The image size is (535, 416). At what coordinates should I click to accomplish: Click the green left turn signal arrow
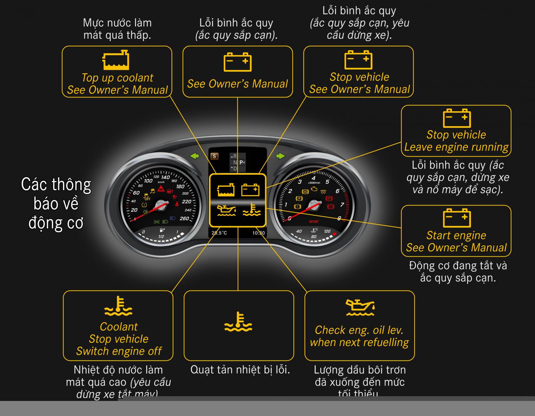tap(194, 156)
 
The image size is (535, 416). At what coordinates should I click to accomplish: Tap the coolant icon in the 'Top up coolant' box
tap(116, 60)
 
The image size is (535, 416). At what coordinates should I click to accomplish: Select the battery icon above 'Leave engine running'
tap(457, 118)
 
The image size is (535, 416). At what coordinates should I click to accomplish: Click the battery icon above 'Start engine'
tap(457, 218)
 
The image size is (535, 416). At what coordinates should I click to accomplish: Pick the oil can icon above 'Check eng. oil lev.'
tap(360, 308)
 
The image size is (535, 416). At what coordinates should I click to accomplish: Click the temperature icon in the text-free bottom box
tap(238, 322)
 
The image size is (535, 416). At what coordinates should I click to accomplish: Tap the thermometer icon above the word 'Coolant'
tap(118, 306)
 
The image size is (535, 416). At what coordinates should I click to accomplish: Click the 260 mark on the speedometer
tap(184, 219)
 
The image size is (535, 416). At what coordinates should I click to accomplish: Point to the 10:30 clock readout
tap(258, 233)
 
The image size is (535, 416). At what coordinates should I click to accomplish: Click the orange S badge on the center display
tap(214, 156)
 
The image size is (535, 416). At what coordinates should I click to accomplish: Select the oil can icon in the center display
tap(226, 210)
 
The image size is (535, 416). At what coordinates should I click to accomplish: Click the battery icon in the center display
tap(250, 190)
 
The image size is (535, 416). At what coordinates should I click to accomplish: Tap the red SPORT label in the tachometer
tap(314, 222)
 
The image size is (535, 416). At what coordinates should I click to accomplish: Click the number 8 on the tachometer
tap(339, 218)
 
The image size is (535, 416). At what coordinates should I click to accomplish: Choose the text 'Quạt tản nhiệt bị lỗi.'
tap(240, 370)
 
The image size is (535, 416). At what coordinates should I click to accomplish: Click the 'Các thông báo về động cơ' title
tap(56, 203)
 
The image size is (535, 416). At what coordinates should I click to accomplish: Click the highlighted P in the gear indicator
tap(241, 163)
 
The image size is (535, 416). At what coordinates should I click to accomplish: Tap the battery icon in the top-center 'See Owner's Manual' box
tap(237, 62)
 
